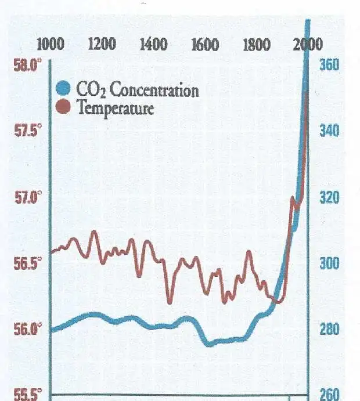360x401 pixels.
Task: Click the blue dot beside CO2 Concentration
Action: click(x=65, y=89)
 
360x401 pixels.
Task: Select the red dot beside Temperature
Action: click(x=65, y=107)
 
